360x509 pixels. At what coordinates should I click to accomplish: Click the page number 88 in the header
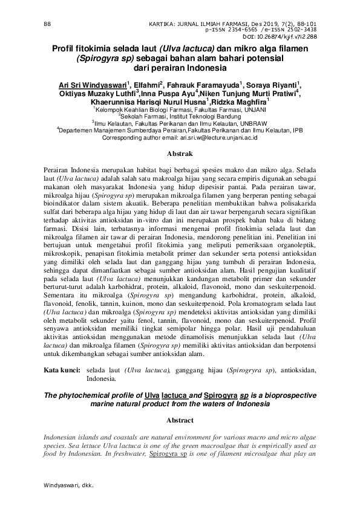tap(47, 24)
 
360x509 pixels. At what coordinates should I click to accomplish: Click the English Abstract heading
tap(180, 420)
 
